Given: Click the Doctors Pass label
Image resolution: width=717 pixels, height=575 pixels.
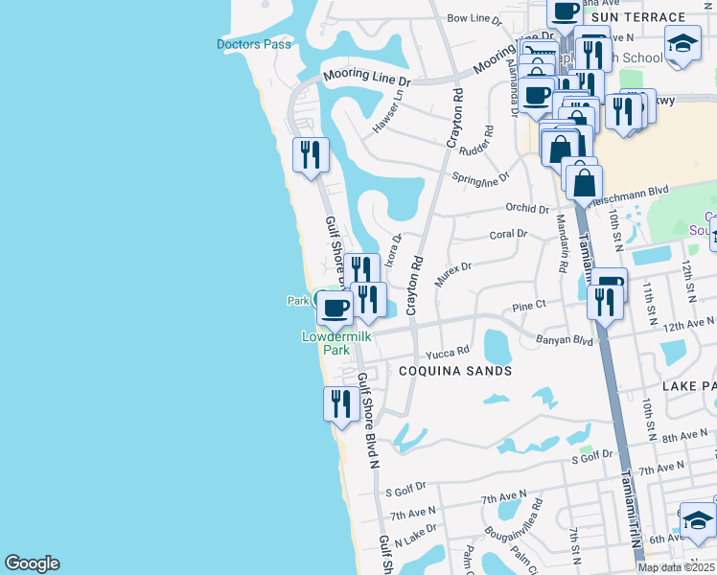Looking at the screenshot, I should coord(253,44).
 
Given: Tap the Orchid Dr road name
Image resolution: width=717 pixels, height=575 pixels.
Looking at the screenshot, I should coord(526,208).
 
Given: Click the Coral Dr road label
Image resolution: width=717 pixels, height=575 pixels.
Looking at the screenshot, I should coord(508,234).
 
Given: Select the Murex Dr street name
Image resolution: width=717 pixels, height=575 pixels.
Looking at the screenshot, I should coord(453,272).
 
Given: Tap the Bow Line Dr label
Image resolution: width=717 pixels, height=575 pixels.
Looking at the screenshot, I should coord(474,18).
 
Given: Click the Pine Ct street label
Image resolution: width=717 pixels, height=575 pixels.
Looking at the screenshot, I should coord(528,306).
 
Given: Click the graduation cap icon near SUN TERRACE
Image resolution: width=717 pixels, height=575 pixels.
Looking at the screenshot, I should coord(682,43).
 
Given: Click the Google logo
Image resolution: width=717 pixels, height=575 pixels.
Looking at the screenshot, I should coord(32,563).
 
